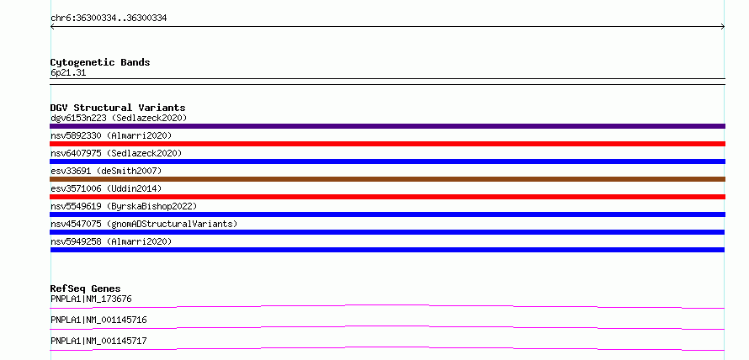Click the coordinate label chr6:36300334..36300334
point(109,19)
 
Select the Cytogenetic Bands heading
point(100,62)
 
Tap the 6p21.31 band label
point(68,73)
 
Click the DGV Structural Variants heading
point(118,108)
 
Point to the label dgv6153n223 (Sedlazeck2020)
point(119,118)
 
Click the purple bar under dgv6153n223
point(387,126)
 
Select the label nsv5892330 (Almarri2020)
point(111,135)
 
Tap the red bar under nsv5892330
point(387,144)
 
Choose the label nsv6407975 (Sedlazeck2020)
point(116,153)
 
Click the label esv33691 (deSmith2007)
point(106,171)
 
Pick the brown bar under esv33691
point(387,179)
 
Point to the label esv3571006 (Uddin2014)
point(106,188)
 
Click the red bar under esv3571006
point(387,197)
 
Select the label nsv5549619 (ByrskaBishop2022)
point(124,206)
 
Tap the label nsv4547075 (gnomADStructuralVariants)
point(144,224)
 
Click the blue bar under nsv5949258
point(387,250)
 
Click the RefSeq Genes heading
point(86,289)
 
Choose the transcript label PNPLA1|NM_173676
point(91,299)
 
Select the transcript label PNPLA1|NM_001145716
point(98,320)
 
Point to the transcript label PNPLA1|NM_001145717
point(98,341)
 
